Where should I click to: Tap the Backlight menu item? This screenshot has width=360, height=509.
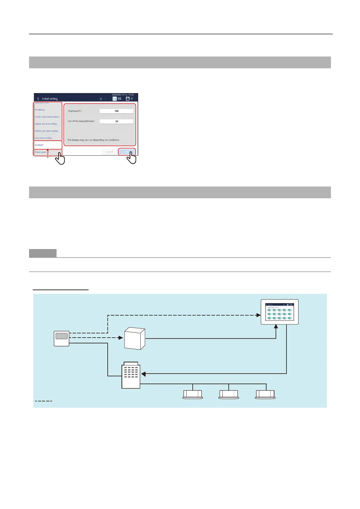point(39,145)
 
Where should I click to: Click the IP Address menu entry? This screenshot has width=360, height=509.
point(40,110)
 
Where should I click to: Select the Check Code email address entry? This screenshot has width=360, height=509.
point(47,117)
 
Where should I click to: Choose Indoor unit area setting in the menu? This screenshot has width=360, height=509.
point(46,124)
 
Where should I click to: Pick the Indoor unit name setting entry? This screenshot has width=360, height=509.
point(46,131)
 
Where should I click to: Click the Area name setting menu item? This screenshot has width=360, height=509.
point(43,138)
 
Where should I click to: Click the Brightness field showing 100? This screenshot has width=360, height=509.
point(116,111)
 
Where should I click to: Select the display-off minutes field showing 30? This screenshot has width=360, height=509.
point(116,122)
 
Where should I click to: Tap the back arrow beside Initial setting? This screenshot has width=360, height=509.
point(38,99)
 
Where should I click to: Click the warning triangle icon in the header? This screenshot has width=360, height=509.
point(128,99)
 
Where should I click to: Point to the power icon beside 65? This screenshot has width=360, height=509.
point(115,99)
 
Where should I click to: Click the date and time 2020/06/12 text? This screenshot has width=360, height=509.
point(123,95)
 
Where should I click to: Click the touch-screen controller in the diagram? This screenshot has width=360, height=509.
point(280,312)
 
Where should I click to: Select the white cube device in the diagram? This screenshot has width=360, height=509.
point(135,339)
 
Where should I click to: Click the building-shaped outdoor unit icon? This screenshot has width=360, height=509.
point(131,375)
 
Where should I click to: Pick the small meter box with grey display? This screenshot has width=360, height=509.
point(61,339)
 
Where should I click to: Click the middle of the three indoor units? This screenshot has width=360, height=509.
point(229,394)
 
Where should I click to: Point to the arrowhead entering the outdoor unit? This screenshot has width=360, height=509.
point(143,374)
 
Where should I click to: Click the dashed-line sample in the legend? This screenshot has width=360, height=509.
point(44,401)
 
